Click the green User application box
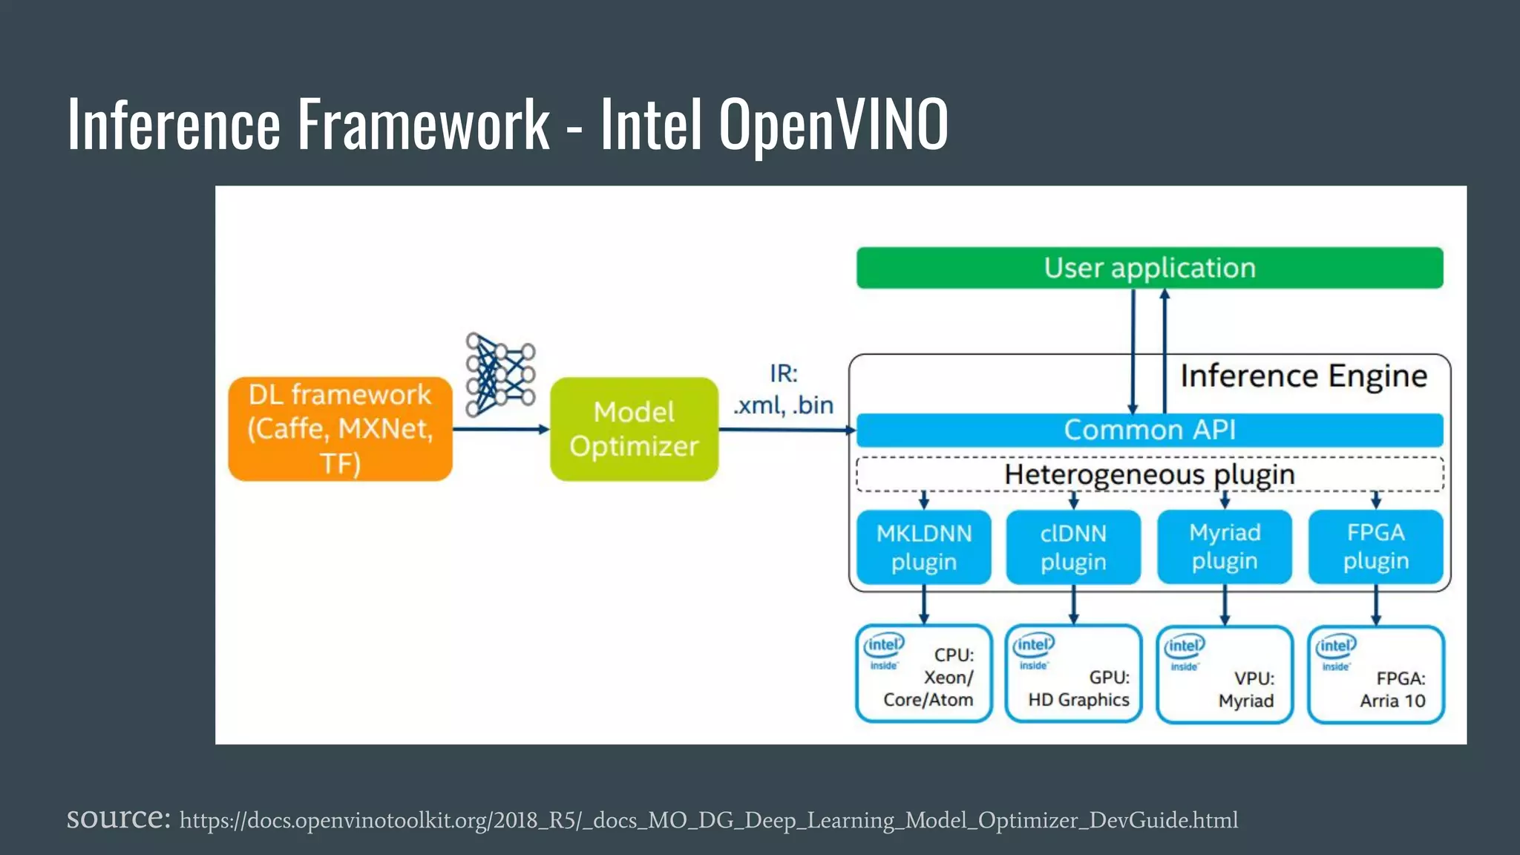[1149, 268]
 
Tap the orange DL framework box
[340, 429]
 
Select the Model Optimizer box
[634, 429]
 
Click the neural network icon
[499, 374]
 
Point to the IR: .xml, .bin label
[783, 390]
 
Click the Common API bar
[1149, 430]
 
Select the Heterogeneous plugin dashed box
[1149, 474]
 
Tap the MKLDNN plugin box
[923, 547]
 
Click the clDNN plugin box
[1073, 547]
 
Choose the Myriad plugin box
[1225, 547]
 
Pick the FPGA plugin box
[1375, 547]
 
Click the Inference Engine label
[1303, 376]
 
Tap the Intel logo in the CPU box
[883, 645]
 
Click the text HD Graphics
[1078, 700]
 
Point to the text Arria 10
[1392, 701]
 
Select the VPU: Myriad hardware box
[1225, 674]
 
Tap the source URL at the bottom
[708, 820]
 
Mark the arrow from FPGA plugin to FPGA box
[1375, 604]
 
